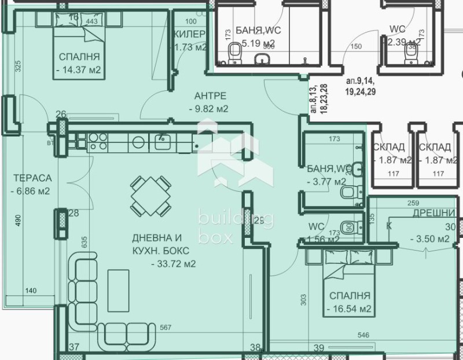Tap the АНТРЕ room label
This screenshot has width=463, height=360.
coord(207,96)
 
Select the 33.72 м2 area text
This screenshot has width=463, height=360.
coord(173,264)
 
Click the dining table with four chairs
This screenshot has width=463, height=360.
coord(150,194)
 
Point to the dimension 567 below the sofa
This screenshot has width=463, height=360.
coord(166,328)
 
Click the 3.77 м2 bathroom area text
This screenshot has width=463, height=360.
coord(326,181)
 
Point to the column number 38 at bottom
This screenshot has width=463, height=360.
coord(255,347)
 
